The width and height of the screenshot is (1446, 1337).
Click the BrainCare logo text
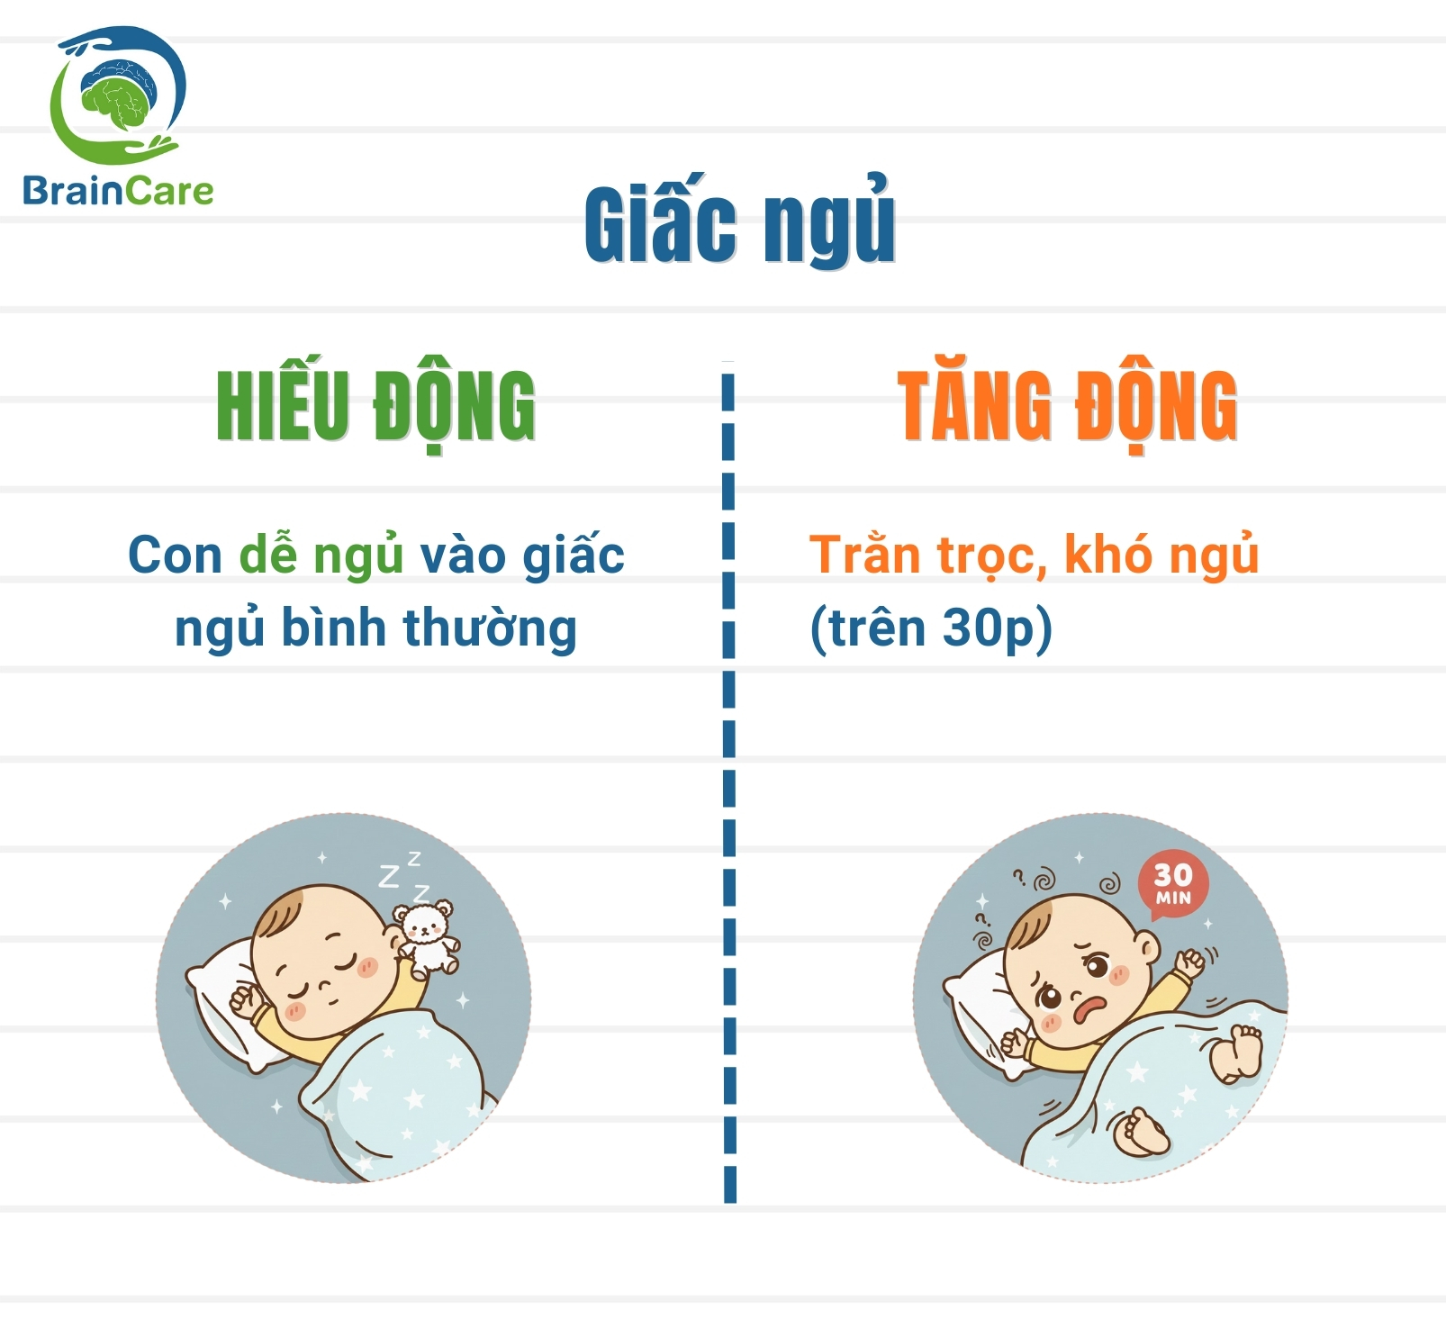[x=118, y=191]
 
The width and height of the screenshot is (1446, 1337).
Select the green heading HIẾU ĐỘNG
[x=375, y=407]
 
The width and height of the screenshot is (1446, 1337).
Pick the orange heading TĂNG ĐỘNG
[x=1067, y=407]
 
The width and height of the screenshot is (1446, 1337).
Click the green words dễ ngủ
[x=321, y=555]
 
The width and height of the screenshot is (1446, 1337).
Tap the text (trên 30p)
[x=931, y=628]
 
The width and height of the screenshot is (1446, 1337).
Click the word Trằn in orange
[x=863, y=555]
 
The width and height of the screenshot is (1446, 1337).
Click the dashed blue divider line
[x=729, y=783]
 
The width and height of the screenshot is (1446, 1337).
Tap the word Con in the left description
[x=175, y=555]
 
